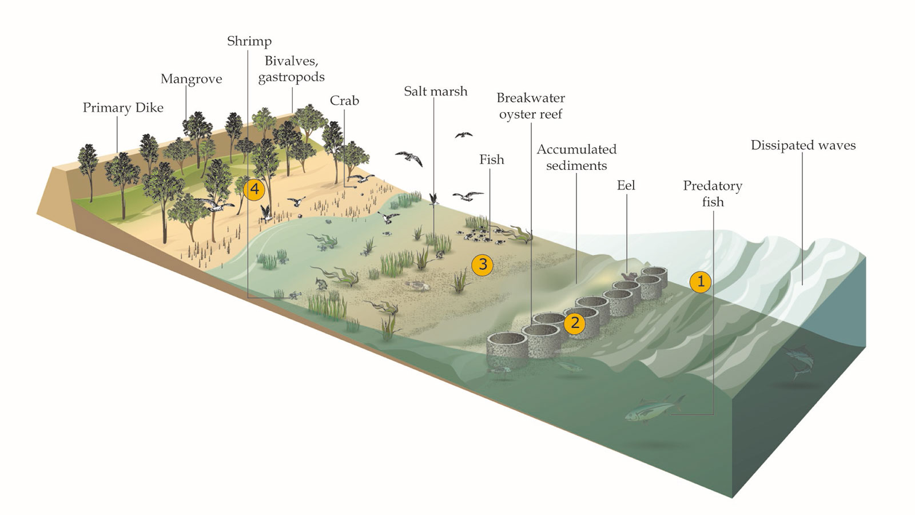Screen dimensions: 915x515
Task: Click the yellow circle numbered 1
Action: (x=700, y=282)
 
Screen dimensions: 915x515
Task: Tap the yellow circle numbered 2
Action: (x=575, y=323)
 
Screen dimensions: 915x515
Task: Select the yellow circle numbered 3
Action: (x=483, y=264)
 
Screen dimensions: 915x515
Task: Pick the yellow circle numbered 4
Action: (x=254, y=189)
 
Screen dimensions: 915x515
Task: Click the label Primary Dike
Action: (x=123, y=108)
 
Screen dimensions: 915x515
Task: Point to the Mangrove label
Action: (x=191, y=79)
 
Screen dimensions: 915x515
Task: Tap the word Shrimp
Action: (x=249, y=41)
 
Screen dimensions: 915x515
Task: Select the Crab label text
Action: (x=344, y=101)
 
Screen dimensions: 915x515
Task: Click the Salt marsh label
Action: (x=435, y=91)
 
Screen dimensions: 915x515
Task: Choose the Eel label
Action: (x=626, y=185)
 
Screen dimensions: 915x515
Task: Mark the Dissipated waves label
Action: (x=803, y=145)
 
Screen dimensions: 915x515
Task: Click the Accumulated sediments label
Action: (x=576, y=157)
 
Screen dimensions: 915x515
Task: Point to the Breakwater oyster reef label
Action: (x=531, y=106)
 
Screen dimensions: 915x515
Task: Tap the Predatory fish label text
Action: (x=713, y=194)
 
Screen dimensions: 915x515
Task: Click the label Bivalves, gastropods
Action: (x=291, y=69)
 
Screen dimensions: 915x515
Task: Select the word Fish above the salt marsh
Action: (x=491, y=160)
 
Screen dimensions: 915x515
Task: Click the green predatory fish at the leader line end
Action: (x=654, y=409)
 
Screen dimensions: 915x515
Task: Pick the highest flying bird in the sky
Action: (x=464, y=135)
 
